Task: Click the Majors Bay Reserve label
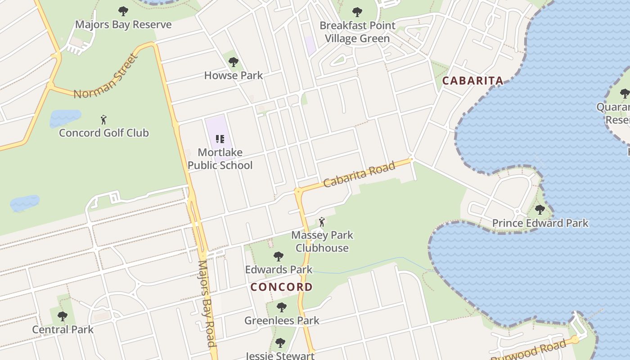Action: pyautogui.click(x=123, y=24)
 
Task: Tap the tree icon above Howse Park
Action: pyautogui.click(x=233, y=62)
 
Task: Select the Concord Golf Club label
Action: pyautogui.click(x=104, y=133)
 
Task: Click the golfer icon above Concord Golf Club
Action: pyautogui.click(x=104, y=120)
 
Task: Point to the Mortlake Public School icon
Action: pyautogui.click(x=220, y=139)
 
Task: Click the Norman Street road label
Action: pyautogui.click(x=105, y=76)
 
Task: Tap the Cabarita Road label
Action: pyautogui.click(x=359, y=174)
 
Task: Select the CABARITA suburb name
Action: pyautogui.click(x=472, y=81)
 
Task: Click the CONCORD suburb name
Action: pyautogui.click(x=281, y=287)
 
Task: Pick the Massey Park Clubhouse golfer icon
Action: pyautogui.click(x=321, y=222)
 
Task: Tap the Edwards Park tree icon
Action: pyautogui.click(x=279, y=256)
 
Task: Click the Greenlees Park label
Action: pyautogui.click(x=282, y=320)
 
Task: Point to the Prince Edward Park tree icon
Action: pyautogui.click(x=540, y=209)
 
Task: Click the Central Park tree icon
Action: pyautogui.click(x=63, y=316)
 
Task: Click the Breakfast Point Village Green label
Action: pyautogui.click(x=357, y=32)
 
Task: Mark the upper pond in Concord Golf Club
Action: pyautogui.click(x=65, y=118)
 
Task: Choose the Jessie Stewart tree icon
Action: pyautogui.click(x=280, y=343)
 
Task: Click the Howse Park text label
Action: pyautogui.click(x=233, y=75)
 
